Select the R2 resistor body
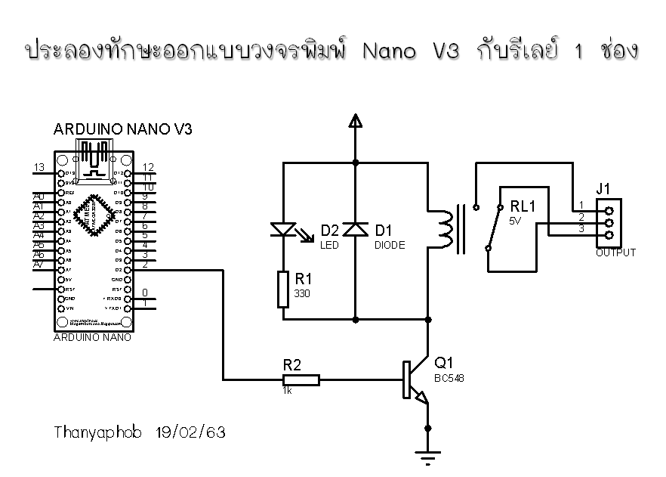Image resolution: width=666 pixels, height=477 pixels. (301, 380)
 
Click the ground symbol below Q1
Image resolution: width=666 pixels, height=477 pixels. (430, 454)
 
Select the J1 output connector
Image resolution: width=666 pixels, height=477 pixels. (609, 221)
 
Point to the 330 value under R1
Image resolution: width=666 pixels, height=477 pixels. (302, 293)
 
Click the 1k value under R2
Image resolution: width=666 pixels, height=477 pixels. (288, 392)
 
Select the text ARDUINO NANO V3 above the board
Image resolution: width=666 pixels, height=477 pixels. (122, 129)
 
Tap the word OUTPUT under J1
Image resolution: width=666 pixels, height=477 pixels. (615, 253)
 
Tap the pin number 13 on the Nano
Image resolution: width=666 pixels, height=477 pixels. (40, 167)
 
